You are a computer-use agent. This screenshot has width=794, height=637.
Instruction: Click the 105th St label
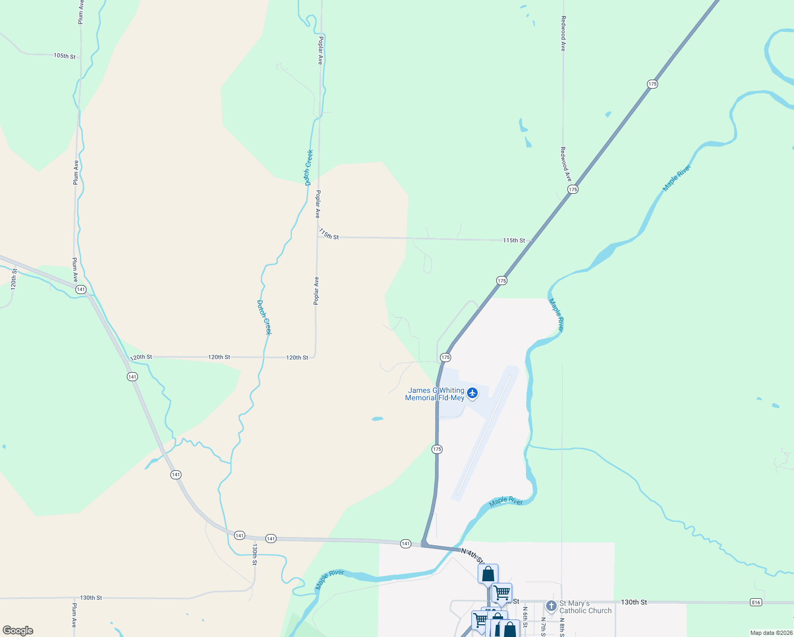tap(64, 56)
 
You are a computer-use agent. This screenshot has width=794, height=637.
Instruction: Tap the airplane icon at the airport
tap(472, 393)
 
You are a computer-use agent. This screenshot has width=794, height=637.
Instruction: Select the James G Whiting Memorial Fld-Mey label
tap(435, 394)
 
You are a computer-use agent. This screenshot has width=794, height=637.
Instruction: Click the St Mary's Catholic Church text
tap(585, 607)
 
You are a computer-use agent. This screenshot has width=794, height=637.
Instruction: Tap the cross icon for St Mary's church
tap(551, 605)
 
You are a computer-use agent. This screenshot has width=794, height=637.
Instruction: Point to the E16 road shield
tap(756, 602)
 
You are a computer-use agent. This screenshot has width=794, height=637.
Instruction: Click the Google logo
tap(18, 630)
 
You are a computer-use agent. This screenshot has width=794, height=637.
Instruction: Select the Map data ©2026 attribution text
tap(771, 633)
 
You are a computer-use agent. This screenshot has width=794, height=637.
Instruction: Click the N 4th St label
tap(472, 556)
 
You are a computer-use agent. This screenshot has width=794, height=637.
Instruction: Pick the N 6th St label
tap(524, 617)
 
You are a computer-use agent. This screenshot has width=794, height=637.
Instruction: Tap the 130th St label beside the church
tap(634, 602)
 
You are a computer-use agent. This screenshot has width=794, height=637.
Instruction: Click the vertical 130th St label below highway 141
tap(255, 554)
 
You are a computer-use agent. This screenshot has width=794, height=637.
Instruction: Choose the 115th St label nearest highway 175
tap(514, 240)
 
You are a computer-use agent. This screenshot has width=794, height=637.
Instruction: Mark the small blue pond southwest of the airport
tap(377, 419)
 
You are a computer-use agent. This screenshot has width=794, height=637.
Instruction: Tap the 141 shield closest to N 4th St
tap(405, 544)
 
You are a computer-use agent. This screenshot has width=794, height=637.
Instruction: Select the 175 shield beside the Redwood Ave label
tap(572, 190)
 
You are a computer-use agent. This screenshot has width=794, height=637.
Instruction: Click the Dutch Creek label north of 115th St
tap(308, 167)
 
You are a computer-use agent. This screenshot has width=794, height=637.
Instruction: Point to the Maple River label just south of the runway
tap(506, 501)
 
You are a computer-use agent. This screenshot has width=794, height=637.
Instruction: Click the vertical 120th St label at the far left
tap(14, 278)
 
